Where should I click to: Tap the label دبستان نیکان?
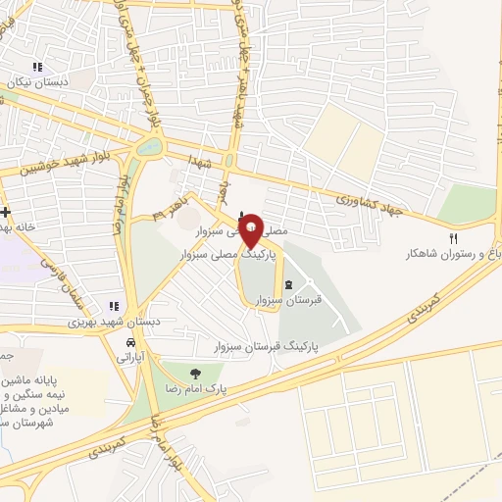click(37, 83)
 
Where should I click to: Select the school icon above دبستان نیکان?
click(37, 68)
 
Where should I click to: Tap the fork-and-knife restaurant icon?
click(453, 238)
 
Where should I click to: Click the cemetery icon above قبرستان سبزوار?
click(288, 286)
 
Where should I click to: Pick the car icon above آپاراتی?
click(130, 344)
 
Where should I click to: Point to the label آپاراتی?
click(130, 360)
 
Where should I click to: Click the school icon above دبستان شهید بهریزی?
click(114, 305)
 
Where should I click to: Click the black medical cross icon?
click(6, 212)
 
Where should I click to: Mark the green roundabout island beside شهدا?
click(150, 147)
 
